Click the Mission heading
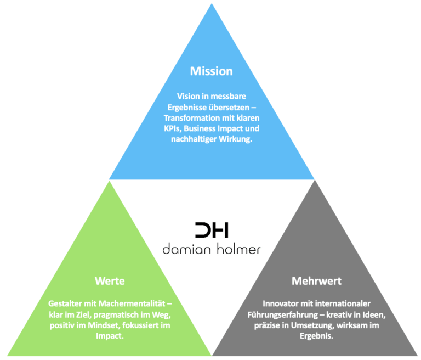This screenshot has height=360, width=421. click(211, 71)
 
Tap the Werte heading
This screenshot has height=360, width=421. click(110, 281)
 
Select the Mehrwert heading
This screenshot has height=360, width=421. click(316, 281)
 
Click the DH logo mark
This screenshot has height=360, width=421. click(212, 230)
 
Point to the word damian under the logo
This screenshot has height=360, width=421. click(187, 249)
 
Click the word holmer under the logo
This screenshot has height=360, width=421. click(238, 249)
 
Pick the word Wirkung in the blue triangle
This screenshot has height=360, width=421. click(236, 139)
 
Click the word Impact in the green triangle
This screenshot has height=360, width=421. click(110, 336)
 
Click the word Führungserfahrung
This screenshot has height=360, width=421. click(283, 315)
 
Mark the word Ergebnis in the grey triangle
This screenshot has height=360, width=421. click(316, 336)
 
